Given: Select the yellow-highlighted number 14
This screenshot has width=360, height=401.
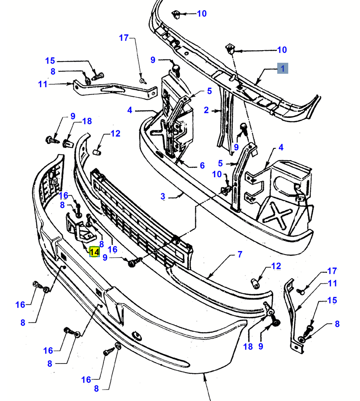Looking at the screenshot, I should (94, 252).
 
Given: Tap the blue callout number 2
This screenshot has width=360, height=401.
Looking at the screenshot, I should (206, 110).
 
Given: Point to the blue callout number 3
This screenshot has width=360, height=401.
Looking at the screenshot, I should (163, 196).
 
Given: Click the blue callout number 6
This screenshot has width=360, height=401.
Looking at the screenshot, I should (202, 165).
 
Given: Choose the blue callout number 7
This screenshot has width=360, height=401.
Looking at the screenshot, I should (240, 255).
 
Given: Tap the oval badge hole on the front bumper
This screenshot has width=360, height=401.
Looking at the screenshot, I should (138, 336).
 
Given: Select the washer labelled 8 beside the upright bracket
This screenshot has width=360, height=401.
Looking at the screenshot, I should (302, 339).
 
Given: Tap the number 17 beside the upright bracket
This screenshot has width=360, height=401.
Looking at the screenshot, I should (333, 271).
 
